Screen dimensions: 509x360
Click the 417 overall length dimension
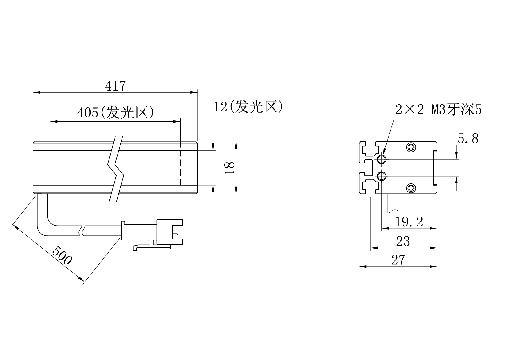(115, 86)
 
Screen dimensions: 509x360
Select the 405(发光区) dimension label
(115, 112)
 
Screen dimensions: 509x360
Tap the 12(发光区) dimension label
(248, 107)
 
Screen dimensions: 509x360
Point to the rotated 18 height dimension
(230, 168)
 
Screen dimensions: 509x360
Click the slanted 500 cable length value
(62, 255)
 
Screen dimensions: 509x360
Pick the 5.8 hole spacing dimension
(468, 138)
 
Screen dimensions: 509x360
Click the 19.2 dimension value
(409, 222)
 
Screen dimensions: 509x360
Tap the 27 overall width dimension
(398, 260)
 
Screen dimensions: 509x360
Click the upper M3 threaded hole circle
(381, 159)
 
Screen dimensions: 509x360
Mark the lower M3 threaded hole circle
(381, 176)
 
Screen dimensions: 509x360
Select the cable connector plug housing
(170, 232)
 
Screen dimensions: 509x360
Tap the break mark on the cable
(82, 231)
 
